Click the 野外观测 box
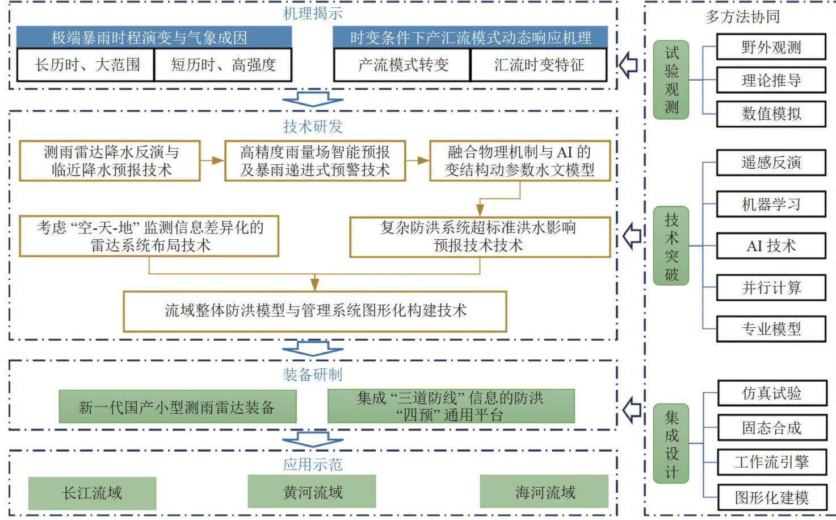click(x=771, y=47)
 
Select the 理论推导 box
click(x=771, y=80)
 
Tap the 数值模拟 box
click(x=771, y=114)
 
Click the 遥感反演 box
click(x=771, y=163)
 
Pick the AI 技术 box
click(x=771, y=246)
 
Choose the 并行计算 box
click(x=771, y=288)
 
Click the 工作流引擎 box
click(x=771, y=462)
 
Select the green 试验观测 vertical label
click(x=671, y=80)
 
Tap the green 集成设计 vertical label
click(x=671, y=444)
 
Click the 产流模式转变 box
click(x=402, y=65)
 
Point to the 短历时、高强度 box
click(x=223, y=65)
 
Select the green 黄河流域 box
click(x=312, y=492)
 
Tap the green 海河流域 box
click(x=544, y=492)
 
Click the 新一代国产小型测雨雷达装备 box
click(x=178, y=406)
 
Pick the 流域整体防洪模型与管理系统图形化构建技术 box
click(x=315, y=311)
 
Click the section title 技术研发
click(x=313, y=126)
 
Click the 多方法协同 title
click(x=742, y=17)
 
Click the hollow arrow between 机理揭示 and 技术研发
click(x=313, y=99)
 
